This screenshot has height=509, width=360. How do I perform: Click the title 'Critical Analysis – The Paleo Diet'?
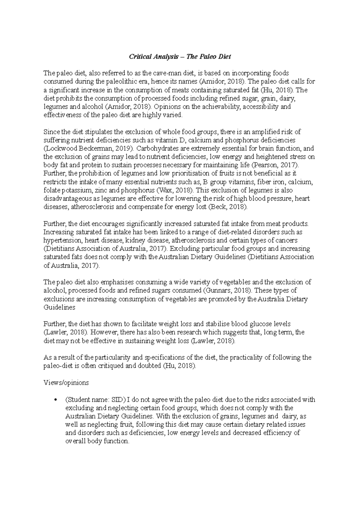[180, 56]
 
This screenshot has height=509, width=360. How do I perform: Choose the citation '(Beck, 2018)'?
[228, 207]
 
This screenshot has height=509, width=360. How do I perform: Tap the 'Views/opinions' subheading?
[66, 382]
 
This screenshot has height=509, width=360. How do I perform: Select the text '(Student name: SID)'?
[95, 400]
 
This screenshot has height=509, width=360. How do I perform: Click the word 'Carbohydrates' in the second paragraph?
[156, 148]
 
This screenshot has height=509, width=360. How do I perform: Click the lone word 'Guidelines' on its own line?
[59, 307]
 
